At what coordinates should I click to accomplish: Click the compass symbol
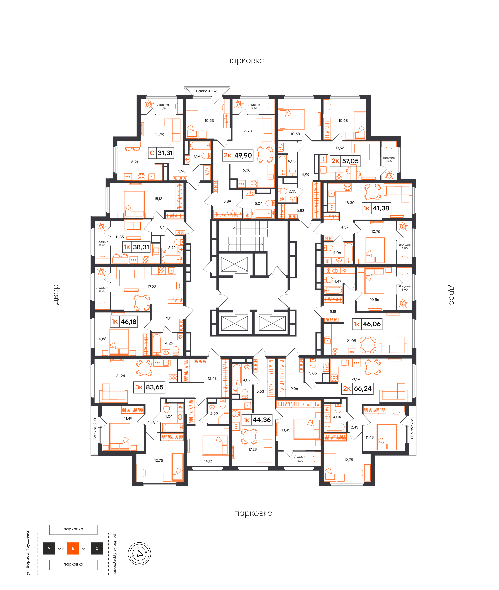139,554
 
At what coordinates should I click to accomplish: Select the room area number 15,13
158,199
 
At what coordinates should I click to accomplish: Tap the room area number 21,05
351,341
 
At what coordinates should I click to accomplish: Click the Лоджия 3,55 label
389,159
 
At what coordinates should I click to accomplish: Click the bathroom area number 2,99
214,413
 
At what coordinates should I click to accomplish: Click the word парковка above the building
245,61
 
